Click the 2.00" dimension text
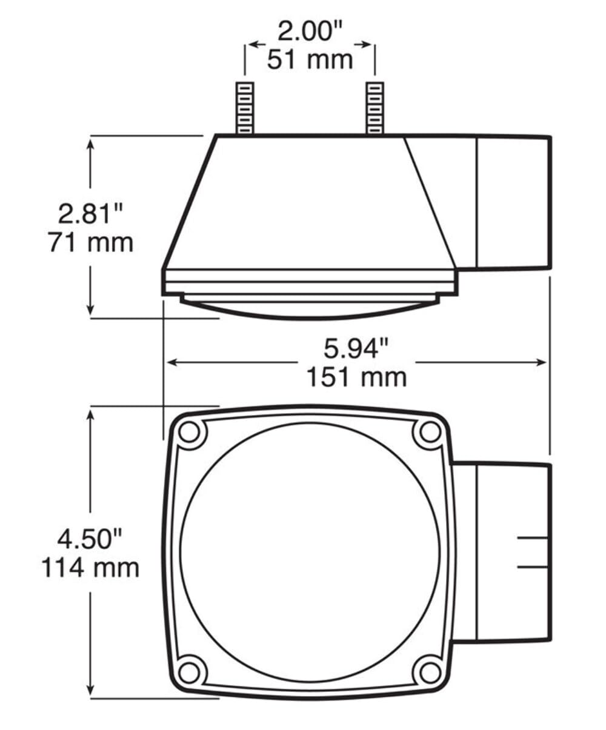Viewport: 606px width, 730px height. point(309,32)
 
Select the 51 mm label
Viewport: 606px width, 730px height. point(310,60)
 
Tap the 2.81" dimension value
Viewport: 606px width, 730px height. point(90,214)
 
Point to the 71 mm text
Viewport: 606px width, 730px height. point(90,242)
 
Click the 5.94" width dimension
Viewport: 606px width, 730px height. point(356,349)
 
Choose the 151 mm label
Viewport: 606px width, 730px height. point(356,377)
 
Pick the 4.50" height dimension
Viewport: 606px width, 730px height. point(90,539)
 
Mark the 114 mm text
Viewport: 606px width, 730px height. point(90,568)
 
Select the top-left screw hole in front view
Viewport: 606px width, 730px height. point(190,432)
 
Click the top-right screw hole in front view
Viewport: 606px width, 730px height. point(430,432)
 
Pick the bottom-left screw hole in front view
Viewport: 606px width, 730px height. point(190,672)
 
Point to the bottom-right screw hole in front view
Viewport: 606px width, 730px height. point(430,672)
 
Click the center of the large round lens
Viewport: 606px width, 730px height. point(310,552)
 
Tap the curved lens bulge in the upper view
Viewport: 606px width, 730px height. point(310,309)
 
